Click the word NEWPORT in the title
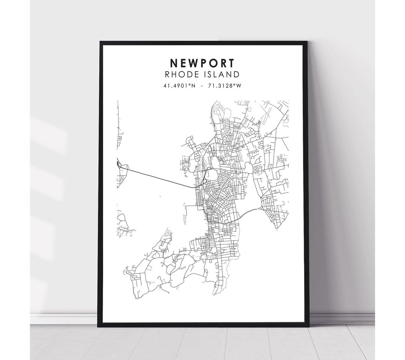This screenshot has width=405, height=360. (203, 62)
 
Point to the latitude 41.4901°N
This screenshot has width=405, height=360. (179, 86)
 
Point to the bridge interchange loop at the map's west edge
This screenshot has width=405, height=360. (119, 164)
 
